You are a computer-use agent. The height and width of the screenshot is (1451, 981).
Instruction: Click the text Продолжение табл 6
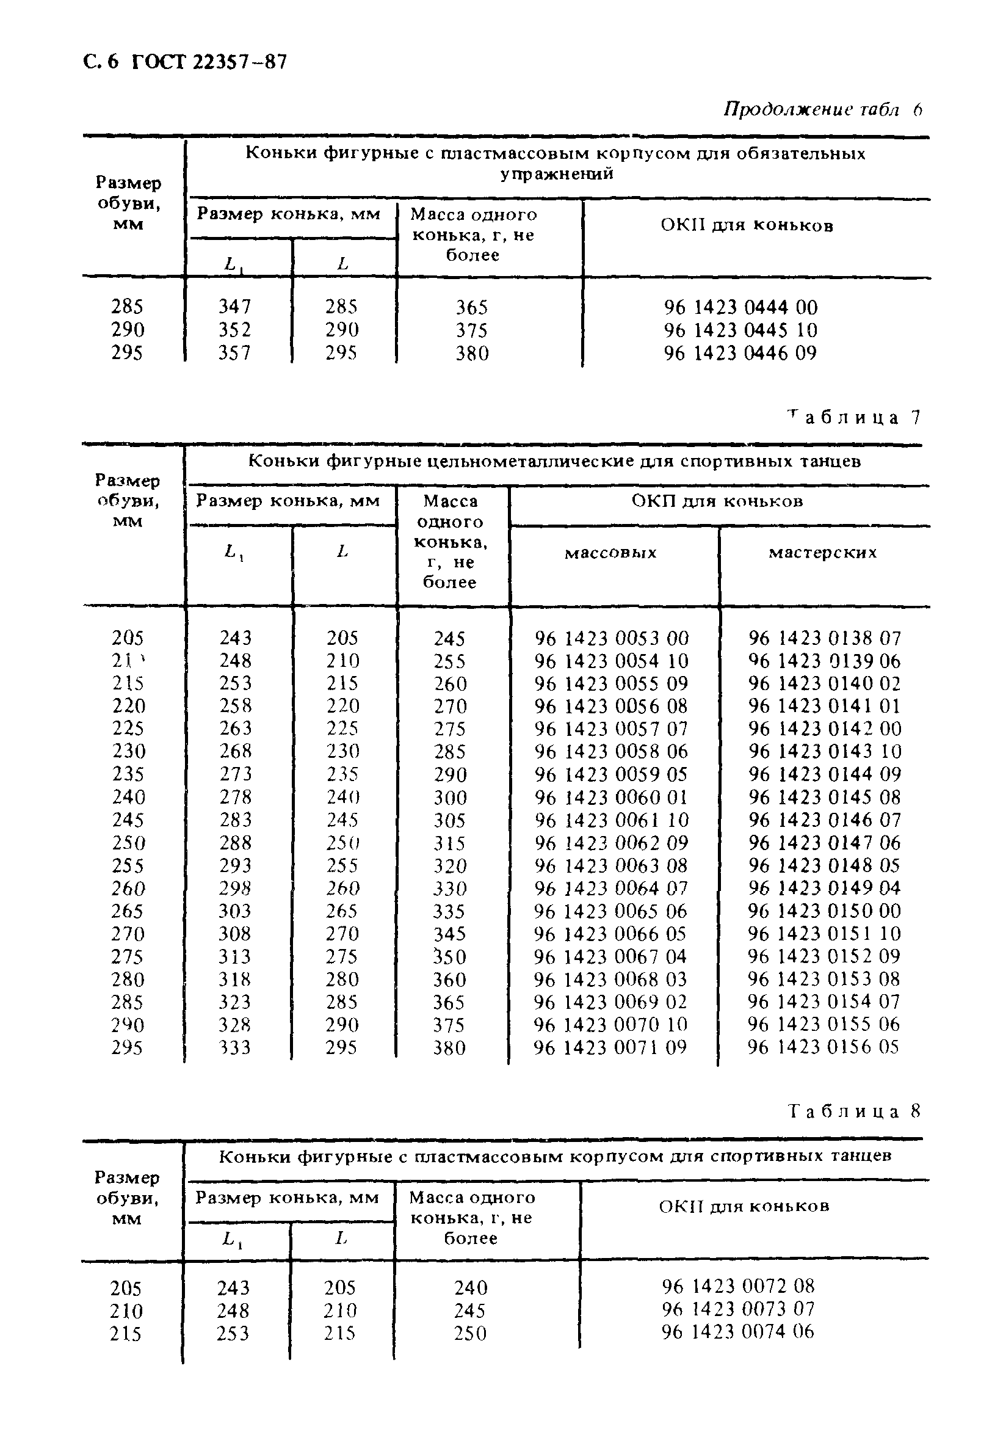coord(822,110)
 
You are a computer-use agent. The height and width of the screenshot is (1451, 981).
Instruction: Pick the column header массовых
coord(610,553)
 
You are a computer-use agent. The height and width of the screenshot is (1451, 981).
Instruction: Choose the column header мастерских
coord(822,552)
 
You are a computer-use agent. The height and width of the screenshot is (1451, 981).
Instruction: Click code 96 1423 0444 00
coord(740,307)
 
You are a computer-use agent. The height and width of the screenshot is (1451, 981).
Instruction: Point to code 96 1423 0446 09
coord(740,354)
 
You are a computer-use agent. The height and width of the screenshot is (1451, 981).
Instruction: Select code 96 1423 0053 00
coord(612,638)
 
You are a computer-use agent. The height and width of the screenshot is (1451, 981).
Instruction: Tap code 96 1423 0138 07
coord(825,638)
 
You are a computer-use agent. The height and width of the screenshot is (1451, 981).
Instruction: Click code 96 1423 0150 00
coord(825,911)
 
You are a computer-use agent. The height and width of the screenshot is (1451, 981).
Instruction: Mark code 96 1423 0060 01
coord(612,798)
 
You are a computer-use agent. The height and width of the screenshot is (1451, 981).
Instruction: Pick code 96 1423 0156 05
coord(824,1047)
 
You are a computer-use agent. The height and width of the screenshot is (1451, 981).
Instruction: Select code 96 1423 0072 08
coord(738,1286)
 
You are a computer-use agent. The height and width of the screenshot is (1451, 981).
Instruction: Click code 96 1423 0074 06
coord(738,1332)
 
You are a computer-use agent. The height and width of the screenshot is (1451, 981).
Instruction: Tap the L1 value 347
coord(234,307)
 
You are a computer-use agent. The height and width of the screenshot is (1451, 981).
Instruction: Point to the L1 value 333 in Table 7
coord(234,1047)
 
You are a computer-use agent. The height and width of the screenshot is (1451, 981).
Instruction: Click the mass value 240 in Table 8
coord(471,1287)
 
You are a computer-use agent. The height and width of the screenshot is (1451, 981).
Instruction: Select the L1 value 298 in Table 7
coord(235,889)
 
